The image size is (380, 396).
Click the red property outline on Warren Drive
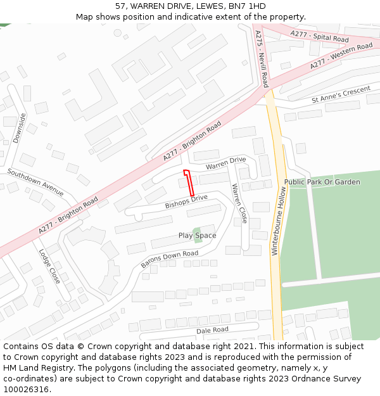(x=189, y=182)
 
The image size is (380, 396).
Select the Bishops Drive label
(x=186, y=202)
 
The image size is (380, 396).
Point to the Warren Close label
(x=239, y=203)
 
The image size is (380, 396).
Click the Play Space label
(x=197, y=236)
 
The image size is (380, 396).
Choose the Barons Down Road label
(x=169, y=259)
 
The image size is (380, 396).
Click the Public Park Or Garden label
(x=322, y=182)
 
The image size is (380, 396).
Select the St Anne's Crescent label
(x=341, y=95)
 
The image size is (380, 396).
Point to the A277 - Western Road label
(x=341, y=56)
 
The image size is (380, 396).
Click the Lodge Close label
(x=49, y=265)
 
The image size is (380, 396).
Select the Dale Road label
(x=212, y=330)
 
